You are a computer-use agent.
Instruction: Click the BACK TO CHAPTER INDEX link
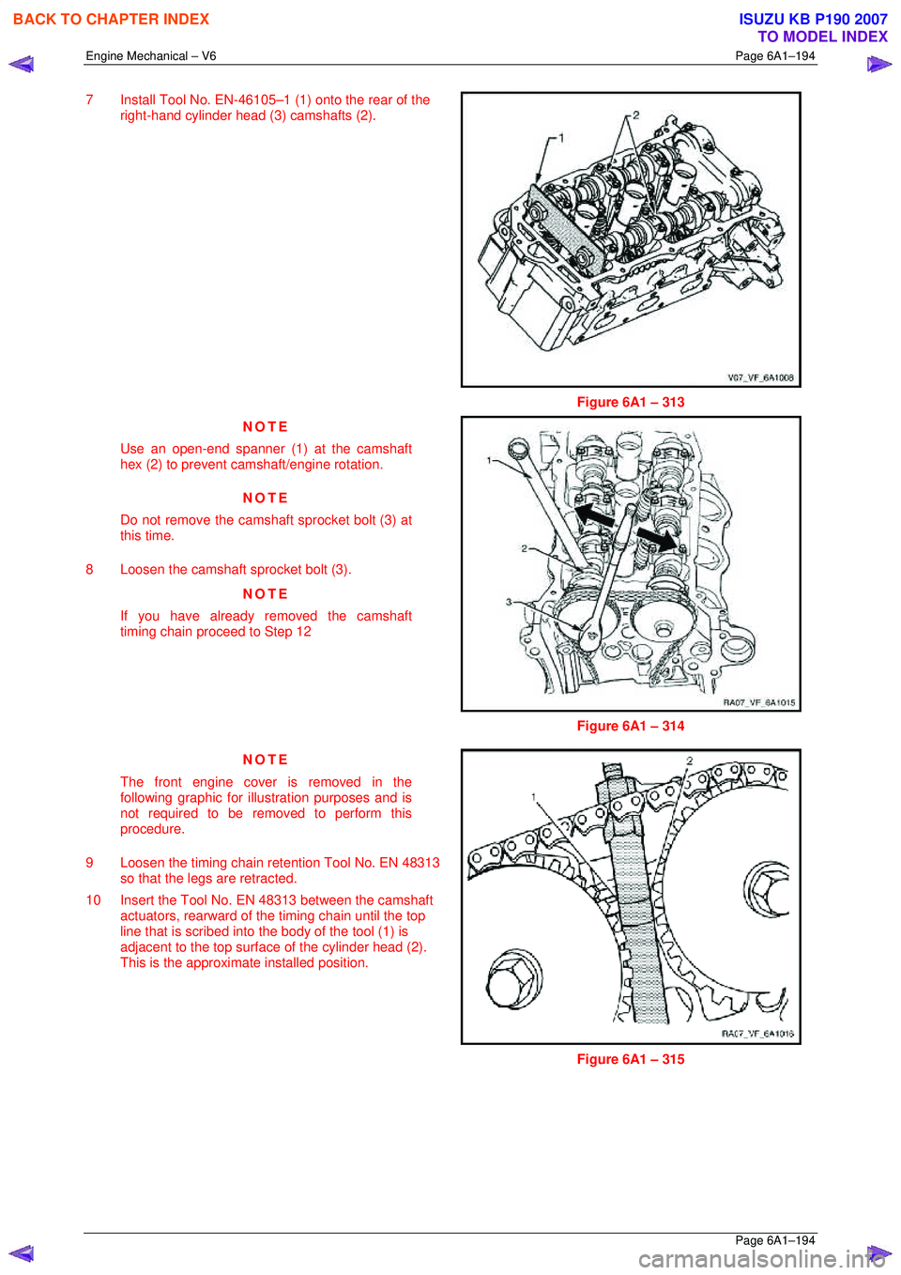(111, 19)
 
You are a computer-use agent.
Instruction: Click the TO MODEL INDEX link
(822, 37)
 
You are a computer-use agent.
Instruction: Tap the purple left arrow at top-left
(21, 65)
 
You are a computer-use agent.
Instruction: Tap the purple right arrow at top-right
(878, 65)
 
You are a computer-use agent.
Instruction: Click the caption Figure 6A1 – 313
(630, 402)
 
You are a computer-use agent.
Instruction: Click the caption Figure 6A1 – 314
(630, 726)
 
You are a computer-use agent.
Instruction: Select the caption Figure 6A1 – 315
(630, 1059)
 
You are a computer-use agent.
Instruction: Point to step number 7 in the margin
(89, 100)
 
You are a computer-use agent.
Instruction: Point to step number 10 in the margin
(93, 899)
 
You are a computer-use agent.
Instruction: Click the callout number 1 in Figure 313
(561, 138)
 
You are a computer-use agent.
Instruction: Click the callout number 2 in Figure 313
(635, 115)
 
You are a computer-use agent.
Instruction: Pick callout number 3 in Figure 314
(509, 602)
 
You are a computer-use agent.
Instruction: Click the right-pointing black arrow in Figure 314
(657, 538)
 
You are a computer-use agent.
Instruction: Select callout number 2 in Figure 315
(690, 761)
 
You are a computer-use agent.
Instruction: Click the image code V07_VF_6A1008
(760, 377)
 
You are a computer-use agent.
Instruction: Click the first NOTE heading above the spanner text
(266, 426)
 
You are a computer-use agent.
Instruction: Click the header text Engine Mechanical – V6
(151, 56)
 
